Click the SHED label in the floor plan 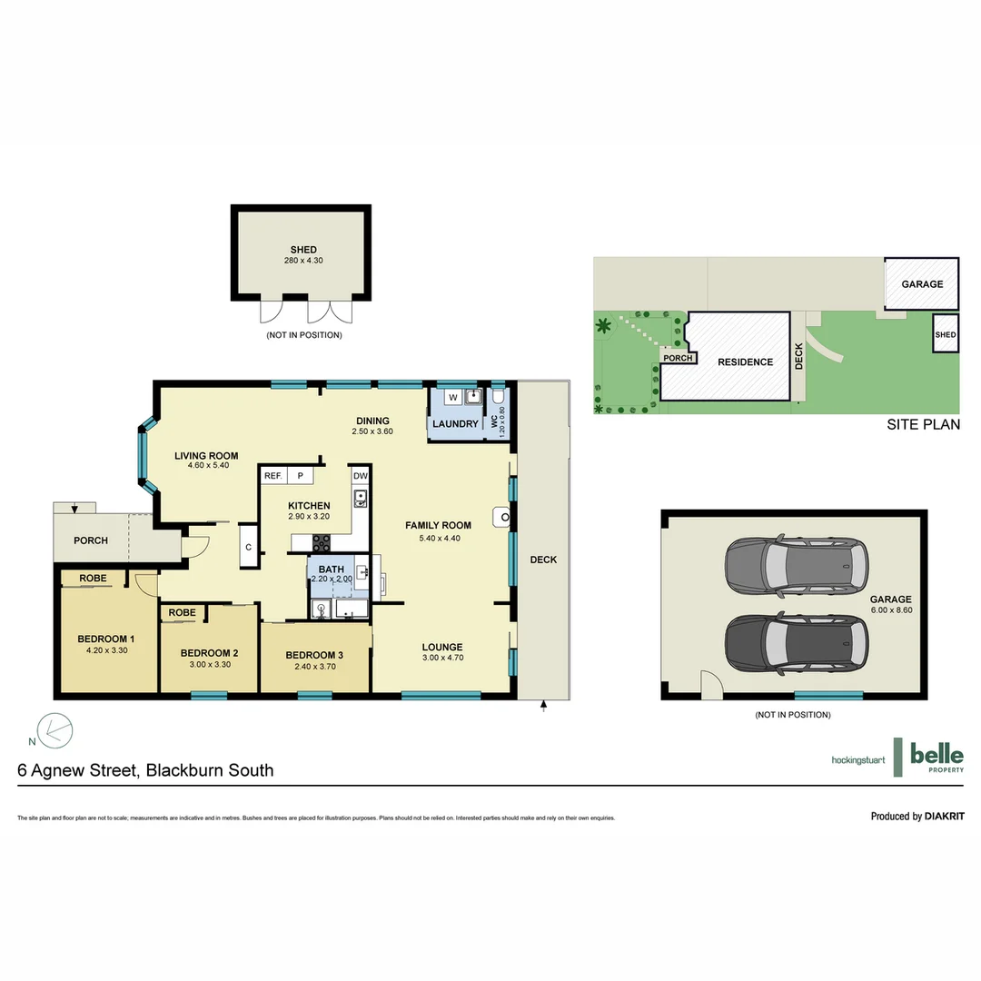(303, 250)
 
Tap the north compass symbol (54, 729)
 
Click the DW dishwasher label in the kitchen (360, 476)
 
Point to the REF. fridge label (272, 476)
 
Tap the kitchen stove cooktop (322, 542)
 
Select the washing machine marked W (451, 397)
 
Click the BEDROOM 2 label (209, 653)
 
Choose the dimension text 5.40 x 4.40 (438, 538)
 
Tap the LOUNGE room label (442, 648)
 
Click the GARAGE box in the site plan (921, 284)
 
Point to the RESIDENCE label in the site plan (745, 362)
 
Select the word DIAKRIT (944, 817)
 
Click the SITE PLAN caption (923, 424)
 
